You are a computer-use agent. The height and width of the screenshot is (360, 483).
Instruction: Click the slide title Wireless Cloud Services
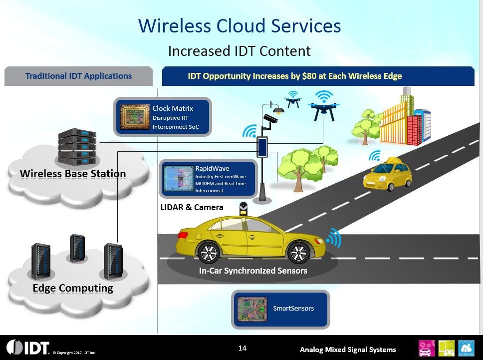240,25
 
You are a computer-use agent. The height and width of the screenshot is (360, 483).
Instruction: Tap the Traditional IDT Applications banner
78,76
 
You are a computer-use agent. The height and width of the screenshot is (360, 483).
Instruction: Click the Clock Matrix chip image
135,117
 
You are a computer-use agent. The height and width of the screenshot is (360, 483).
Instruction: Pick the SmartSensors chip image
252,308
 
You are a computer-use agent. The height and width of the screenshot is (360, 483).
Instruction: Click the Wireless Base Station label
73,174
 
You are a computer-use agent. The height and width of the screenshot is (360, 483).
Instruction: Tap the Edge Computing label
73,288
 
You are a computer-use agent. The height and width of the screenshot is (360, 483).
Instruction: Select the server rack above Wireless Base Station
75,146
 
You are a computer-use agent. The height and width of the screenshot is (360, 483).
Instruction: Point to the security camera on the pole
272,118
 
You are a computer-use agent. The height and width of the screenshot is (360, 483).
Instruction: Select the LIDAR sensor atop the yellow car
243,209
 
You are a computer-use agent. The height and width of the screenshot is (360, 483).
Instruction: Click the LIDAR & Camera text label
191,207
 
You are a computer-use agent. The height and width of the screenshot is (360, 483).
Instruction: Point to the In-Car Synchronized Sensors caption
253,271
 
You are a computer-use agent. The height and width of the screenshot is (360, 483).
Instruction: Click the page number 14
242,348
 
